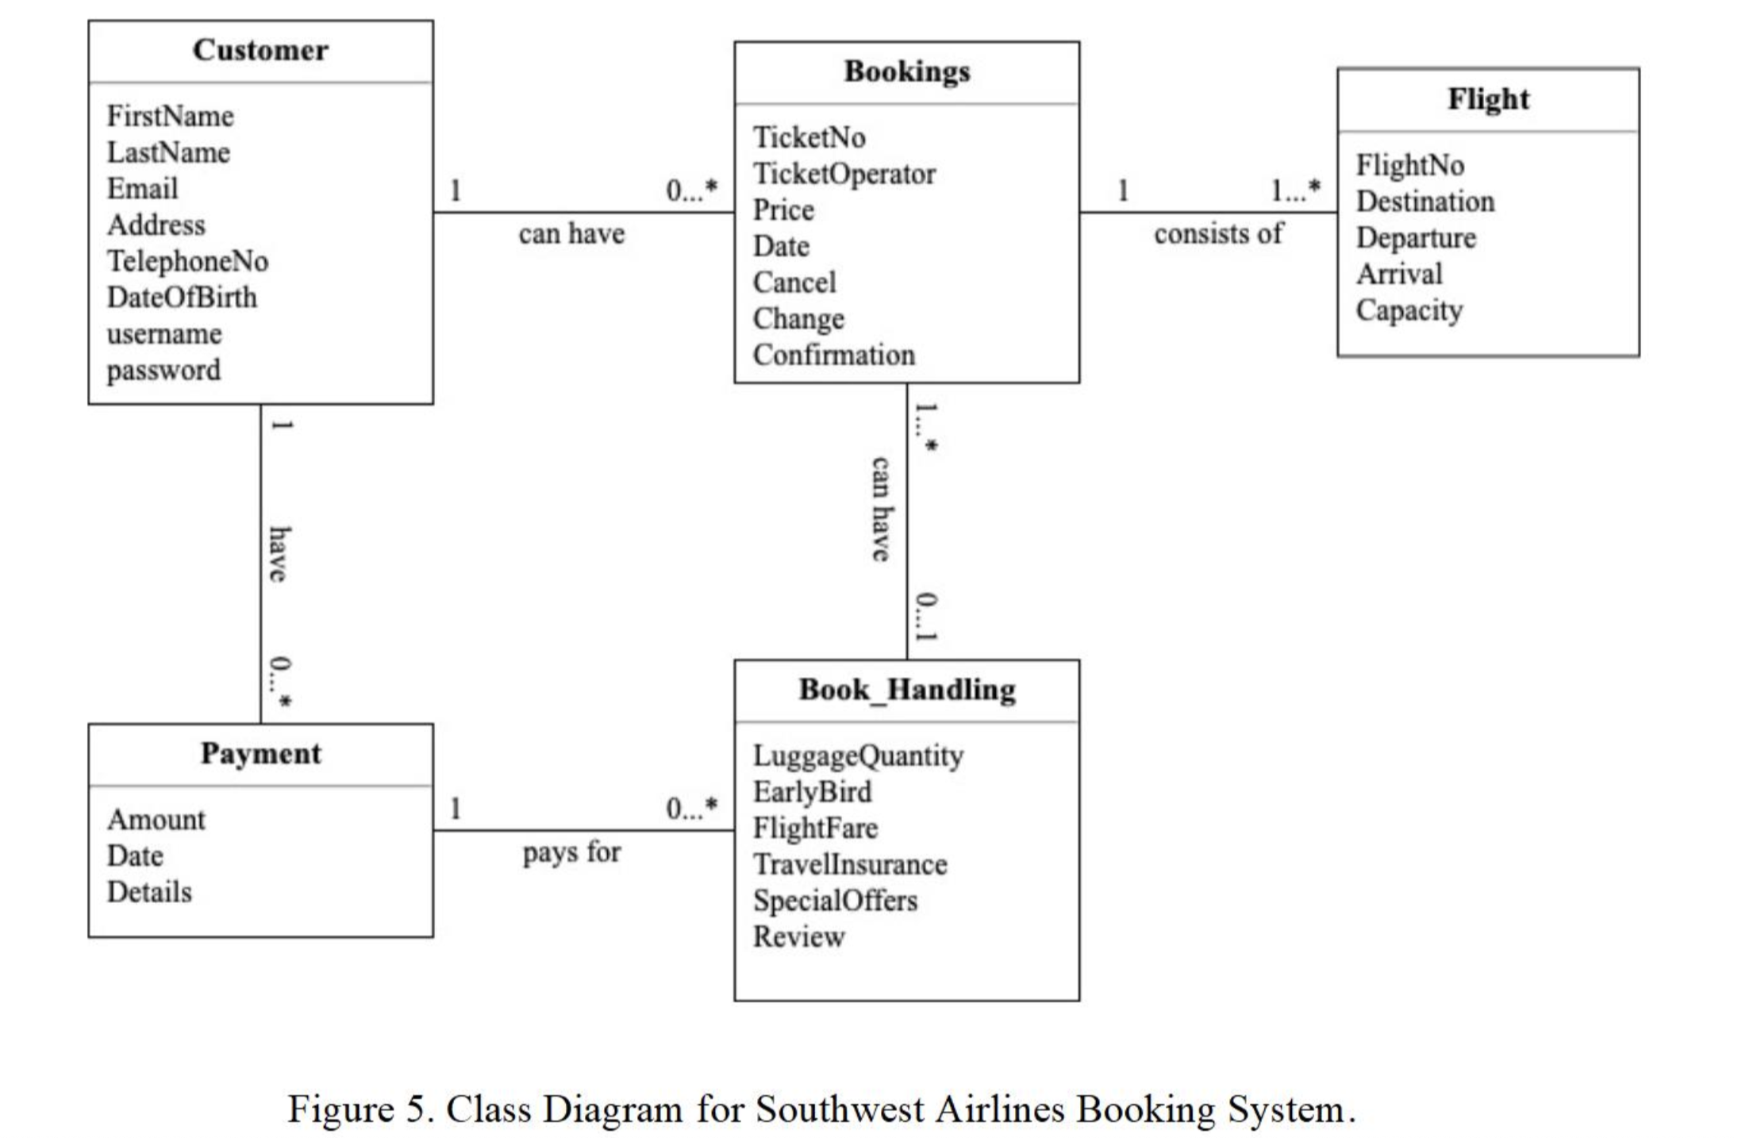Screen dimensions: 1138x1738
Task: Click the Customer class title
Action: (260, 51)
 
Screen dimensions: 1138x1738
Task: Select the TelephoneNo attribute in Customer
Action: (187, 261)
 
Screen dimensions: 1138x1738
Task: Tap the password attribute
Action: (163, 371)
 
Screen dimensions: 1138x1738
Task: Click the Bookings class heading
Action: (906, 72)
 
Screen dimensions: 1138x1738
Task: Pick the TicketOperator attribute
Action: (844, 174)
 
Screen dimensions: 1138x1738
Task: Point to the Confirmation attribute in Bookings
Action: (833, 355)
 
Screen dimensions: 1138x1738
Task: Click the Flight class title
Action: (1487, 99)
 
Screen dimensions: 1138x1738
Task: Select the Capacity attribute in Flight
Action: (1409, 310)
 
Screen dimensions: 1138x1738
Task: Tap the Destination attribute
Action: (1425, 202)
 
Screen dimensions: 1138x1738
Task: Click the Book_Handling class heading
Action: (906, 690)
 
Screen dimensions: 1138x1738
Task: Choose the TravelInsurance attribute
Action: (849, 864)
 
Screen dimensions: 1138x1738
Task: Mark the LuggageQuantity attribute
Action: (858, 755)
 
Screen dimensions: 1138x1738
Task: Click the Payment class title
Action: (260, 754)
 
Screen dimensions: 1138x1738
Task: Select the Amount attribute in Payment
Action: (156, 820)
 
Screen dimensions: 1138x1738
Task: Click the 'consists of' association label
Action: (1217, 234)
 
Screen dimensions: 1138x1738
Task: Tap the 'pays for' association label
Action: (571, 853)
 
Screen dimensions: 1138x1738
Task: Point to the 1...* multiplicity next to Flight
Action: (1295, 190)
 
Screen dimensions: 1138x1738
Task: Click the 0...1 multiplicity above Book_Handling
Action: (925, 617)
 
